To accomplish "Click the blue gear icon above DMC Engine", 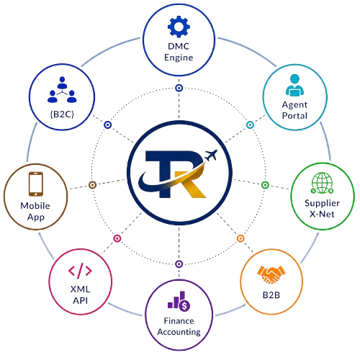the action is click(x=179, y=27).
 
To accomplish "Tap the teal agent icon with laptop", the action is click(x=294, y=85).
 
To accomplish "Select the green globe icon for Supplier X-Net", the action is click(x=322, y=183).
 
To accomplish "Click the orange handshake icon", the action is click(x=271, y=274).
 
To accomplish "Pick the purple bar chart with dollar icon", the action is click(x=179, y=301).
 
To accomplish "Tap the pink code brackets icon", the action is click(x=80, y=271).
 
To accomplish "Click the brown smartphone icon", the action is click(x=36, y=184).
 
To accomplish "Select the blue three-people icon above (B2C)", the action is click(x=62, y=89).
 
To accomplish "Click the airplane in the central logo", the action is click(x=211, y=155).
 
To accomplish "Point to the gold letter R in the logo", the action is click(x=189, y=185).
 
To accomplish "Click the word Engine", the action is click(x=179, y=58).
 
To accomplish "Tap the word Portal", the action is click(x=294, y=116).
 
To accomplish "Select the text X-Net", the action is click(x=322, y=214).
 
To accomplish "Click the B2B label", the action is click(x=271, y=295).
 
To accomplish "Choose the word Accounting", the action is click(x=179, y=332).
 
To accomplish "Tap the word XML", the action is click(x=80, y=289).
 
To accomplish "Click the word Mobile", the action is click(x=35, y=206).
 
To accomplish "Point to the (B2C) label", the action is click(x=62, y=114).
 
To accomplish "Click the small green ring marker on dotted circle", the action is click(x=265, y=185).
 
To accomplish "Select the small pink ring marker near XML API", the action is click(x=117, y=238).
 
